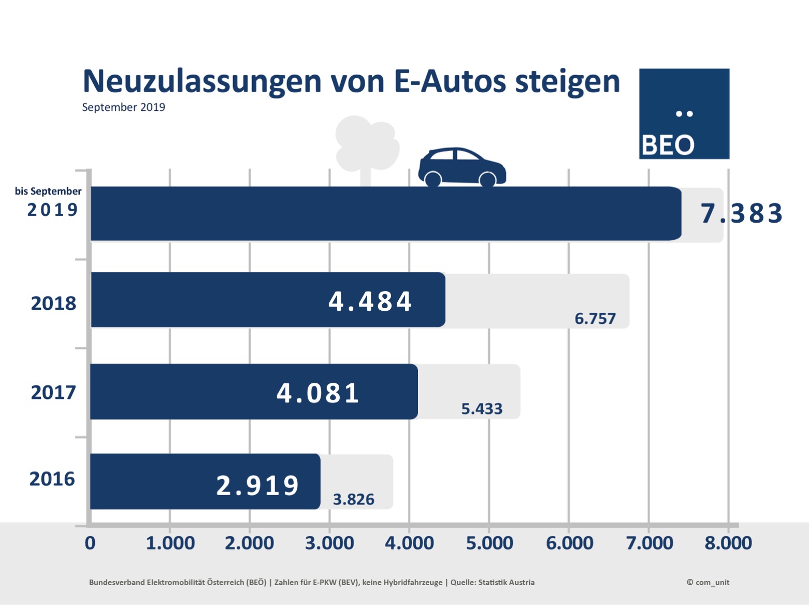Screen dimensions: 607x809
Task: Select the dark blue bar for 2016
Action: coord(155,482)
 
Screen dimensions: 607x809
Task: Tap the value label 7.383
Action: coord(741,213)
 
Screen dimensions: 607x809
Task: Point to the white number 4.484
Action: coord(370,301)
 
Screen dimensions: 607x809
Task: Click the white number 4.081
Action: coord(317,393)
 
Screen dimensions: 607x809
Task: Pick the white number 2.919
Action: coord(257,486)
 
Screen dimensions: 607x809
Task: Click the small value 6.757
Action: coord(595,319)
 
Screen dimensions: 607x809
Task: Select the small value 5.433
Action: coord(482,409)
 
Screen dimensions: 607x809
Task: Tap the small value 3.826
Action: coord(353,499)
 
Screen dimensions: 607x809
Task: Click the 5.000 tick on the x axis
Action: coord(489,543)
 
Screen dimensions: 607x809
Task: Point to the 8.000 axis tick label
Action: coord(728,543)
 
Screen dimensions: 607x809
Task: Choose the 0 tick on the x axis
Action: coord(90,543)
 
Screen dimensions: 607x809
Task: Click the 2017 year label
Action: coord(53,392)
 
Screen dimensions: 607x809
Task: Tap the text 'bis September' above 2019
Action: coord(48,191)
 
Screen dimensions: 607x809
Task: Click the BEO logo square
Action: coord(684,114)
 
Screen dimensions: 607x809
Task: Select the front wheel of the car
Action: coord(487,180)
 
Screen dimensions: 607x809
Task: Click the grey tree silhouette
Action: coord(366,145)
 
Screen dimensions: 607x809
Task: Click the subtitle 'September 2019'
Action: coord(123,107)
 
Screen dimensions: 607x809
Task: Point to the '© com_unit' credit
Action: coord(707,582)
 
